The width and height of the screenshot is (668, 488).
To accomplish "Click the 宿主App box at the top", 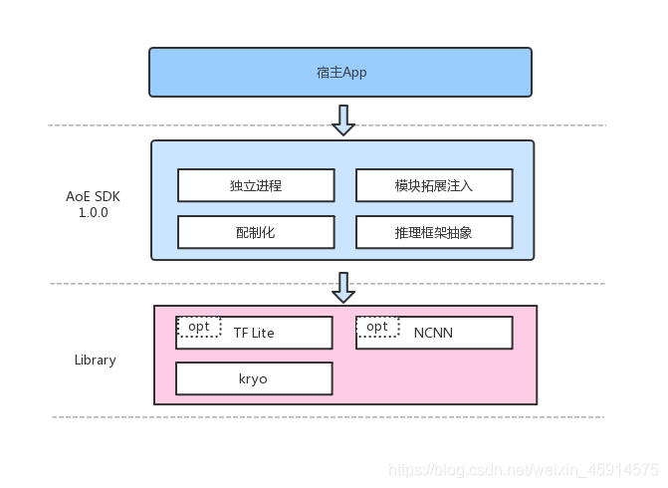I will click(340, 73).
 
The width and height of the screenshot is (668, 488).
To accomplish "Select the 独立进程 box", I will click(256, 185).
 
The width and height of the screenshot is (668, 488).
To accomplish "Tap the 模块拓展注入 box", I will click(434, 185).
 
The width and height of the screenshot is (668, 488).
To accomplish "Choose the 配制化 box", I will click(256, 232).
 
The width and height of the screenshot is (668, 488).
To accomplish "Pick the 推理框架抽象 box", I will click(434, 232).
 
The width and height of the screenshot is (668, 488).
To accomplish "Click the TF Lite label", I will click(254, 334).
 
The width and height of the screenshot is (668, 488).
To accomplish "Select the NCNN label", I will click(433, 334).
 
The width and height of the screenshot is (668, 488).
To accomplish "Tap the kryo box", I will click(254, 379).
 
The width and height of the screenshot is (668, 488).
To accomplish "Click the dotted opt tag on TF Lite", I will click(199, 327).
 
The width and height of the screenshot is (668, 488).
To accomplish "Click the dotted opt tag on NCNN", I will click(377, 327).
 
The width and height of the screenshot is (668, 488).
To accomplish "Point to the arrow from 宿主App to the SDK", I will click(343, 119).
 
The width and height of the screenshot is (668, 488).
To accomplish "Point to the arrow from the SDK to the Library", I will click(343, 287).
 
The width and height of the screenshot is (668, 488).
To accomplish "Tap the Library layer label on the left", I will click(95, 360).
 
